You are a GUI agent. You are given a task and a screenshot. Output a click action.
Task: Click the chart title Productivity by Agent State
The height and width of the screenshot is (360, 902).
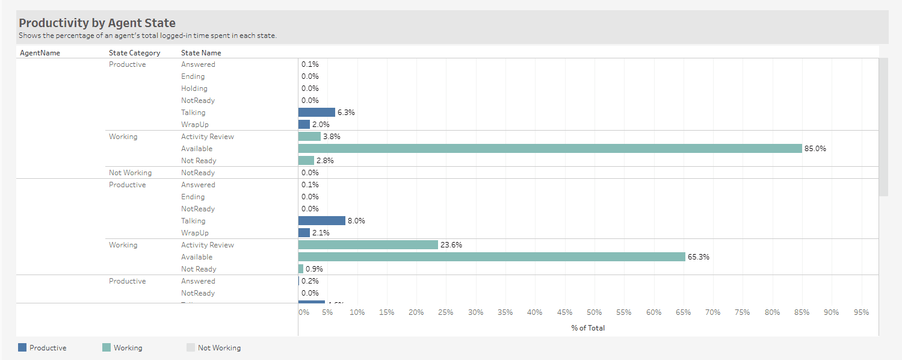tap(97, 23)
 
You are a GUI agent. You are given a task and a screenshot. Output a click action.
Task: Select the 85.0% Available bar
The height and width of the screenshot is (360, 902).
tap(550, 149)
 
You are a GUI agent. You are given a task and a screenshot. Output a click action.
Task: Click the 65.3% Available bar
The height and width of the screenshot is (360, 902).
tap(492, 257)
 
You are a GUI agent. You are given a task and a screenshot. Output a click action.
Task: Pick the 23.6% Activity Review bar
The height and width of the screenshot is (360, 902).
tap(368, 245)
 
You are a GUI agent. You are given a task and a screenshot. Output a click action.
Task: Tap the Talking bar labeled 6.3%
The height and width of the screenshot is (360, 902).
tap(317, 113)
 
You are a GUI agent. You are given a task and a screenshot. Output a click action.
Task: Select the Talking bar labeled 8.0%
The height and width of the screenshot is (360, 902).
tap(321, 221)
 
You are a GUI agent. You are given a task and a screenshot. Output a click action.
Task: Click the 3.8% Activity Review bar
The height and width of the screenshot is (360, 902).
tap(309, 137)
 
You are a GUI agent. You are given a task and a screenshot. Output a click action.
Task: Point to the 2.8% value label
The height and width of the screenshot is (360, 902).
tap(325, 161)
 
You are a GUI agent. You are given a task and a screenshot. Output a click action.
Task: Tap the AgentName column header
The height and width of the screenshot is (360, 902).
tap(40, 53)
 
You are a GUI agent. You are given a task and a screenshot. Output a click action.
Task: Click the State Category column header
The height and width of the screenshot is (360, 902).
tap(134, 53)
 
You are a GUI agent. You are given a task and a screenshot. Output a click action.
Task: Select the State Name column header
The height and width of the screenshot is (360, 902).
tap(201, 53)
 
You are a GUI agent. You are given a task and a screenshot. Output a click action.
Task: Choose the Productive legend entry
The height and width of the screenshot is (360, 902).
tap(48, 348)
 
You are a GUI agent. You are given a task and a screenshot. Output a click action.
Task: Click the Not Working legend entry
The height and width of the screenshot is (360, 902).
tap(219, 348)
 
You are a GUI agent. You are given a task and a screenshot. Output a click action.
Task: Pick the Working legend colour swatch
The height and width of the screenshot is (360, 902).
tap(107, 347)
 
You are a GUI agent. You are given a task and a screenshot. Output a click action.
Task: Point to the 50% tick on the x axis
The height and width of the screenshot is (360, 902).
tap(594, 312)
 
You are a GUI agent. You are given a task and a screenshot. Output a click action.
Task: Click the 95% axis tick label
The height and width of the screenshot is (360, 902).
tap(861, 312)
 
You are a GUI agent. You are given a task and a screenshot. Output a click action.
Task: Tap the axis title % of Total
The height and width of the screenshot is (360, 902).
tap(588, 328)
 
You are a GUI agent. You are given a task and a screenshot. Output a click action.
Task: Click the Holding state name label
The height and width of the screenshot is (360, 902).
tap(194, 88)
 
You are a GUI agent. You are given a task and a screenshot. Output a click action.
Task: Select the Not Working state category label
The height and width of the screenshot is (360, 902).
tap(130, 173)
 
